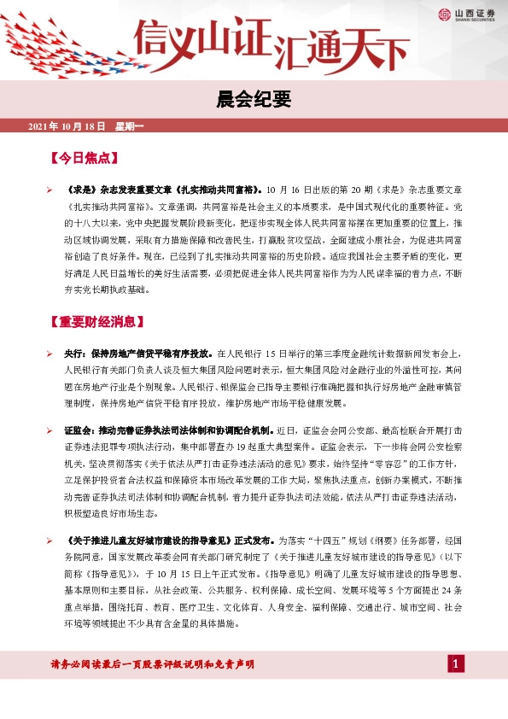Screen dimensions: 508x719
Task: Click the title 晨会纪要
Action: click(x=254, y=101)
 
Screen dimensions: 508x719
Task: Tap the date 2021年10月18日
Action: click(x=67, y=127)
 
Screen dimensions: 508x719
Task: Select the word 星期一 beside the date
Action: click(x=131, y=127)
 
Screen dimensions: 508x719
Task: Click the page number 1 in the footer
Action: click(x=457, y=664)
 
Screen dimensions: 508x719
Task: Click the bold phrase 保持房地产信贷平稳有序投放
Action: click(x=151, y=353)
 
